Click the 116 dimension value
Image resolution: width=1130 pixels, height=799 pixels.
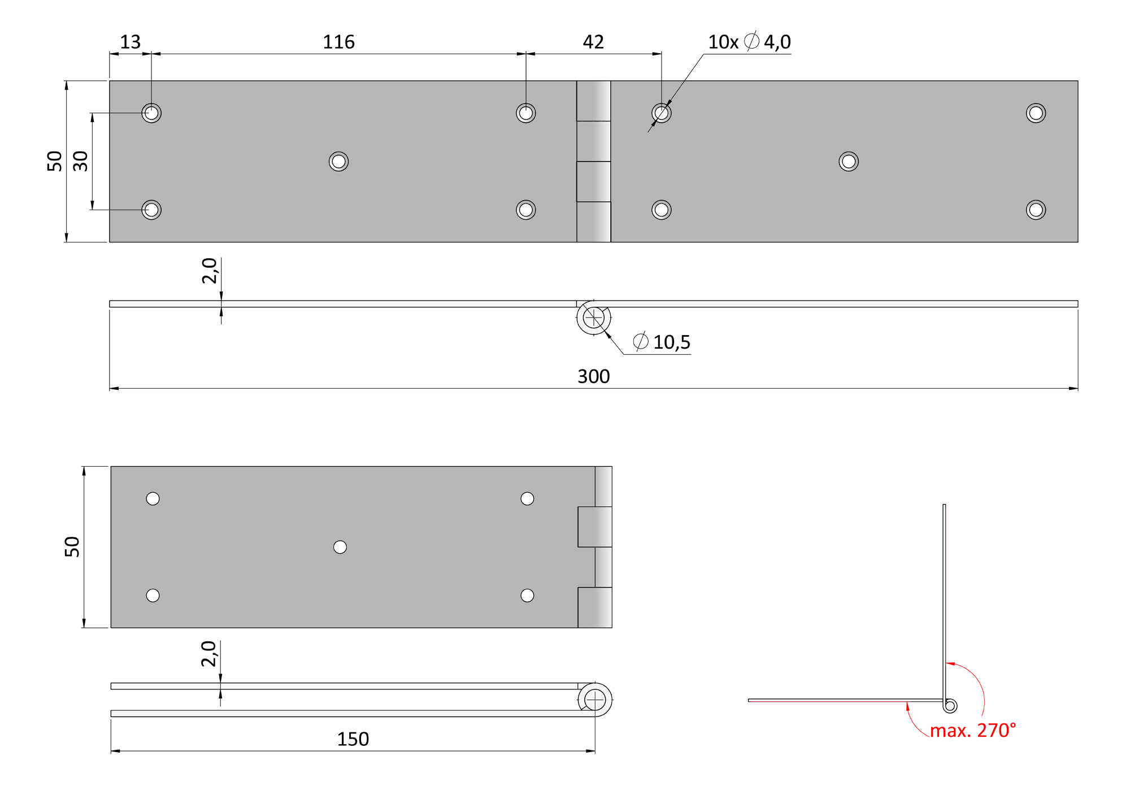338,42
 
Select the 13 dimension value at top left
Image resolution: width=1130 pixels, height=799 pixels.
130,42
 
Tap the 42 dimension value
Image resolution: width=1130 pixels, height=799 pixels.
593,42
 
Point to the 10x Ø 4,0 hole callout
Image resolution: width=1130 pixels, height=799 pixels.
749,41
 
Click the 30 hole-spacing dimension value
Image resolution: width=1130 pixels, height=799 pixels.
81,161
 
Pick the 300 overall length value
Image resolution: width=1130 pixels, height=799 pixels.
593,376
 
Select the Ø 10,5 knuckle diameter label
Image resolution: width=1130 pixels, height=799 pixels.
662,342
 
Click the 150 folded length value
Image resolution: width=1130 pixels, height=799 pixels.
353,739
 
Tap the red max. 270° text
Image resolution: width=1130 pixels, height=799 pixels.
973,730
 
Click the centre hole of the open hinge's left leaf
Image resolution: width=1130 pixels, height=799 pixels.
338,162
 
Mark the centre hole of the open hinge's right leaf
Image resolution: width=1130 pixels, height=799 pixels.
849,162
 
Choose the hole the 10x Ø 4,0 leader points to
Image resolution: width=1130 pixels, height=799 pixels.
662,113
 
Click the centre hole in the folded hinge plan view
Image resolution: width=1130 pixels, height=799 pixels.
340,547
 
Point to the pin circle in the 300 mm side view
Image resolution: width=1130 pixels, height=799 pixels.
593,318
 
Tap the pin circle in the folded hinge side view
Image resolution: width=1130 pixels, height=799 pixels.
595,700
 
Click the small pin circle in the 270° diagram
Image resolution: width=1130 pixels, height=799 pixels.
950,706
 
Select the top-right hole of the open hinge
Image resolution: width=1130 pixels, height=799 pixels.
1036,113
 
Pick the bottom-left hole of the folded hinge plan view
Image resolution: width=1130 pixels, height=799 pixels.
153,596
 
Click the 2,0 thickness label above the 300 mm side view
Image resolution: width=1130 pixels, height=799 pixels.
210,271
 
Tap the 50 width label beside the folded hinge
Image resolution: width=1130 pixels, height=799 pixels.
72,547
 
